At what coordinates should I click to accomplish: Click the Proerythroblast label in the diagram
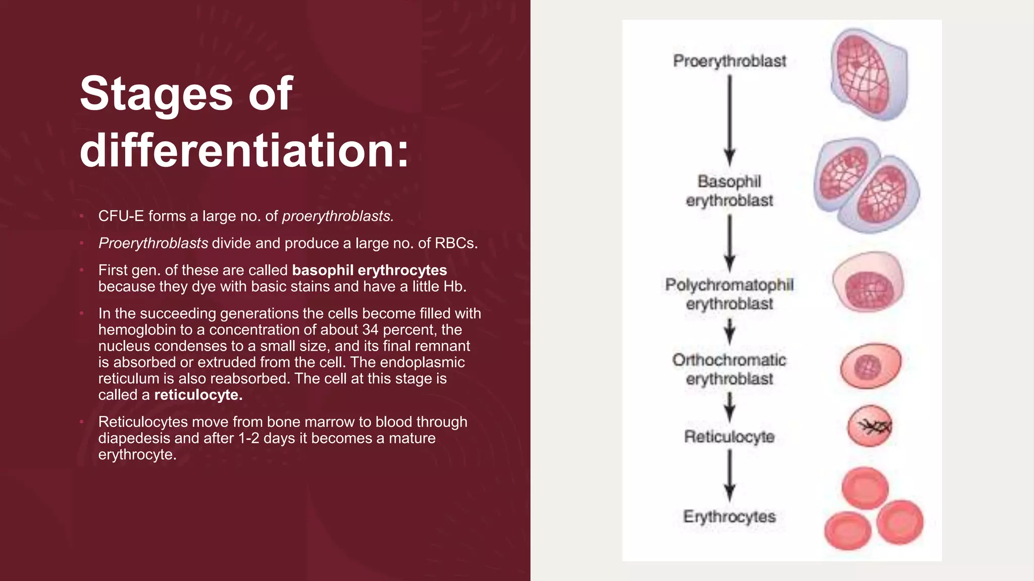(730, 61)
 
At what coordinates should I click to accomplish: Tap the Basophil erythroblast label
(730, 191)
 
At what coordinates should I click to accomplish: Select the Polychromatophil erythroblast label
(730, 294)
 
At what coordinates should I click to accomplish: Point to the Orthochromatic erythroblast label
(730, 369)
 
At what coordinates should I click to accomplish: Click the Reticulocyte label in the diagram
(730, 437)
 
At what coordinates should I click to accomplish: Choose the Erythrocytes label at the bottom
(730, 516)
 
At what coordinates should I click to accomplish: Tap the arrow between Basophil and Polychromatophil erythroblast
(730, 243)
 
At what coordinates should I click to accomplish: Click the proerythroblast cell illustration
(869, 74)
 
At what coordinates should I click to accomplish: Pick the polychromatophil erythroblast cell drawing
(868, 282)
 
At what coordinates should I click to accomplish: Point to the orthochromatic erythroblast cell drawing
(870, 366)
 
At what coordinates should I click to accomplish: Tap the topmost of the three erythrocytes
(865, 488)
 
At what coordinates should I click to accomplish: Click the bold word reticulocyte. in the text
(198, 395)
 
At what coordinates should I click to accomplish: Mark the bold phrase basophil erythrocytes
(369, 270)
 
